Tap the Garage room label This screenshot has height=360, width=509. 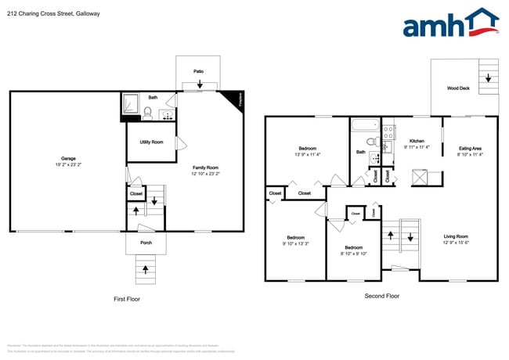coord(69,162)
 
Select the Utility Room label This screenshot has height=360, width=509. coord(151,142)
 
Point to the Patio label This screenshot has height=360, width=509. coord(198,71)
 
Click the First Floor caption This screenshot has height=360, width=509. coord(127,299)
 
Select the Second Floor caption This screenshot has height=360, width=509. coord(381,296)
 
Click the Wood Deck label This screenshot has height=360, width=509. coord(458,88)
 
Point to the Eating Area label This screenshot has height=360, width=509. coord(470,151)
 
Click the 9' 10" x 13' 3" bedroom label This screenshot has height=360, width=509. coord(295,240)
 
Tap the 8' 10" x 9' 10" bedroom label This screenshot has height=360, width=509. coord(353,250)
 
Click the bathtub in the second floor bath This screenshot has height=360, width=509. coord(363,125)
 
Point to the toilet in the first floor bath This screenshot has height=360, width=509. coord(147,112)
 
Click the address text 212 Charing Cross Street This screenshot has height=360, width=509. coord(46,13)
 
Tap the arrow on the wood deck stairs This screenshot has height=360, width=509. coord(488,77)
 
